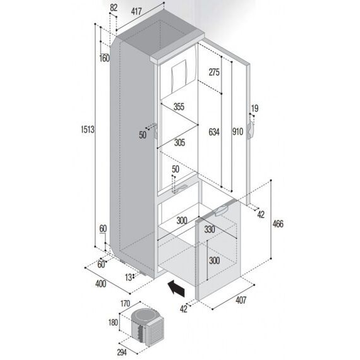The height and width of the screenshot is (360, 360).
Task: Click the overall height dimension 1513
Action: click(88, 129)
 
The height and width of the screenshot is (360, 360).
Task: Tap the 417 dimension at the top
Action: click(136, 11)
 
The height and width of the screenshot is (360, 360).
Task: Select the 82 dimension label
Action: click(114, 8)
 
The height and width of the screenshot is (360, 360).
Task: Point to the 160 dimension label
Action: click(104, 58)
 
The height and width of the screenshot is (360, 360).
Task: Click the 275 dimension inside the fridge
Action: click(214, 72)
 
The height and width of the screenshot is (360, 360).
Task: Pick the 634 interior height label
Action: click(214, 132)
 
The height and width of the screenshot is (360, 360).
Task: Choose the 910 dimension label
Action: click(237, 131)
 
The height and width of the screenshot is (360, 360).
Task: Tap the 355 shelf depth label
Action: click(179, 107)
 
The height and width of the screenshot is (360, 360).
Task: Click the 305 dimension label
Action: click(179, 143)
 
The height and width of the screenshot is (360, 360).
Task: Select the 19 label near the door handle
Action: click(255, 108)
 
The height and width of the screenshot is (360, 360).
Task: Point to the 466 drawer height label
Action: click(278, 224)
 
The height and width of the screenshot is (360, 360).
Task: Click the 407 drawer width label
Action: click(241, 300)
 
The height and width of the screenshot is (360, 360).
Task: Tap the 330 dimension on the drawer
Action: click(210, 229)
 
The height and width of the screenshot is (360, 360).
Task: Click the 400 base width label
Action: click(100, 284)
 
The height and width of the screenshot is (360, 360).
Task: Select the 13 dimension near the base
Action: click(128, 277)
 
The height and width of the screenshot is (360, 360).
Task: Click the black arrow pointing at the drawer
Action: click(177, 288)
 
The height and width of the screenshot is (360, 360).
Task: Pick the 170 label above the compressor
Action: click(125, 303)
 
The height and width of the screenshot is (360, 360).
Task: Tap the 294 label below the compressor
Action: click(122, 352)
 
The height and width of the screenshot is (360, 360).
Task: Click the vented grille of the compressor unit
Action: click(156, 332)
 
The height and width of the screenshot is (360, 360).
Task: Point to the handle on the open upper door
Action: click(250, 130)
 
